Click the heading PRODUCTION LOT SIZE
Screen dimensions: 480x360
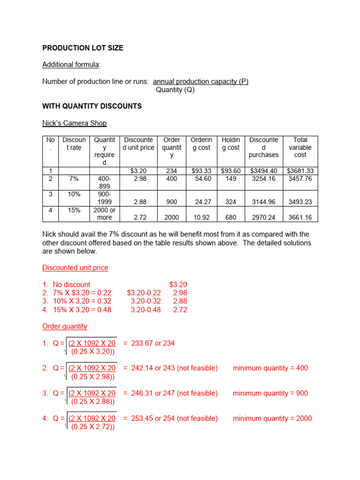(x=83, y=48)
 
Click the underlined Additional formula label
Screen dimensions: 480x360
(x=72, y=65)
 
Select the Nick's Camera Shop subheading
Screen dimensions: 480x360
(x=75, y=123)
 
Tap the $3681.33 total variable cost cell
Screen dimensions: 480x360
(x=300, y=171)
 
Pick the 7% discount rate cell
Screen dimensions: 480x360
(x=74, y=179)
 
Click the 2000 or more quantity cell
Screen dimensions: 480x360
(x=104, y=214)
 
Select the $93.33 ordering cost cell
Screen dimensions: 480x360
(x=202, y=171)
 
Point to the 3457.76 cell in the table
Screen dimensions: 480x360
(x=300, y=179)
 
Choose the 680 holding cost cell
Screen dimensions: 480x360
(x=230, y=217)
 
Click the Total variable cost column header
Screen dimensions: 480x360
(x=300, y=147)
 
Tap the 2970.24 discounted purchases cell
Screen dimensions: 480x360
(x=264, y=217)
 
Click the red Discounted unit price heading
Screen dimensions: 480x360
(x=75, y=268)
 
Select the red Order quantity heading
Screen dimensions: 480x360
(x=65, y=326)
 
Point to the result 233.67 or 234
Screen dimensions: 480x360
(x=149, y=343)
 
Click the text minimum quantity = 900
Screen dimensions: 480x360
(x=270, y=393)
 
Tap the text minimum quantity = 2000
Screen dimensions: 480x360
(x=272, y=418)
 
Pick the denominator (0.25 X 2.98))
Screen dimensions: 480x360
(x=93, y=376)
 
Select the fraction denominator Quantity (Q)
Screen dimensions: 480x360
(x=175, y=90)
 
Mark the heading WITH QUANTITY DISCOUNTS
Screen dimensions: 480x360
(x=92, y=106)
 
